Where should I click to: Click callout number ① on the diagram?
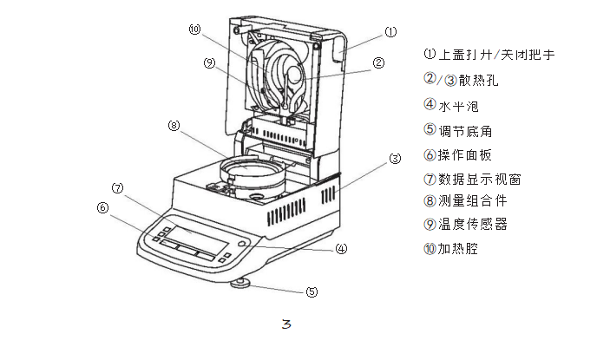tap(390, 32)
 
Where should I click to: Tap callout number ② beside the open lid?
tap(378, 62)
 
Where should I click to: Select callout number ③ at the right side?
tap(395, 159)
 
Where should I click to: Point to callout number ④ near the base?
tap(341, 248)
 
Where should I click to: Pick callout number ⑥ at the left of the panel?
tap(102, 207)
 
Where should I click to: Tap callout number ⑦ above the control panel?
tap(117, 187)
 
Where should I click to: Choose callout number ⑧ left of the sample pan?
tap(174, 126)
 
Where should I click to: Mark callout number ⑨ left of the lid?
tap(209, 62)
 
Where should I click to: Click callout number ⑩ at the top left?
tap(194, 29)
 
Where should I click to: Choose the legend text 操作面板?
tap(464, 155)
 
